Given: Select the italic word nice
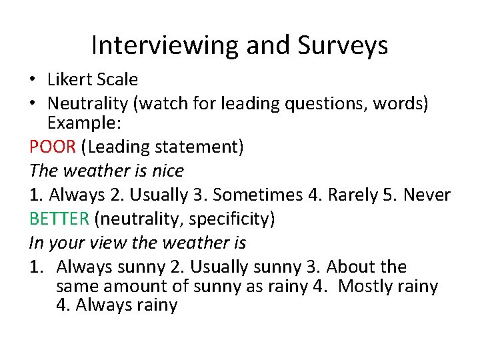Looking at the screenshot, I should point(167,171).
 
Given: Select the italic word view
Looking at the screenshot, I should point(101,243).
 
